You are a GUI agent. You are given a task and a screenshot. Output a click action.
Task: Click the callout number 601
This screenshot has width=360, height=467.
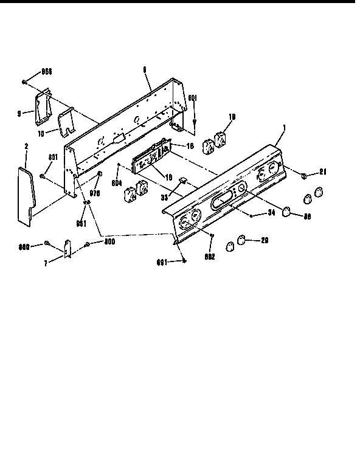192,97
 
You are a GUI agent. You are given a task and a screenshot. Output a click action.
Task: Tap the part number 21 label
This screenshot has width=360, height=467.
323,172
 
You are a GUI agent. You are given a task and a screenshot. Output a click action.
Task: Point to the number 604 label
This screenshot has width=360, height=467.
117,182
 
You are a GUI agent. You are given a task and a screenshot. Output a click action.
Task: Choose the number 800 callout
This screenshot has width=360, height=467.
109,241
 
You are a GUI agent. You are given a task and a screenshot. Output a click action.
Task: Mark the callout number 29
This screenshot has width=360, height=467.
264,240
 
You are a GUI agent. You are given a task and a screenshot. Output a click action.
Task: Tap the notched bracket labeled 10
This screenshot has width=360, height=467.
66,121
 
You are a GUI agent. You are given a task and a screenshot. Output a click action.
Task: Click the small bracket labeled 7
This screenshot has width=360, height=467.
68,248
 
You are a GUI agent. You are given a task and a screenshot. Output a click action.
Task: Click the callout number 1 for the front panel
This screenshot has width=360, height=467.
284,127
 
